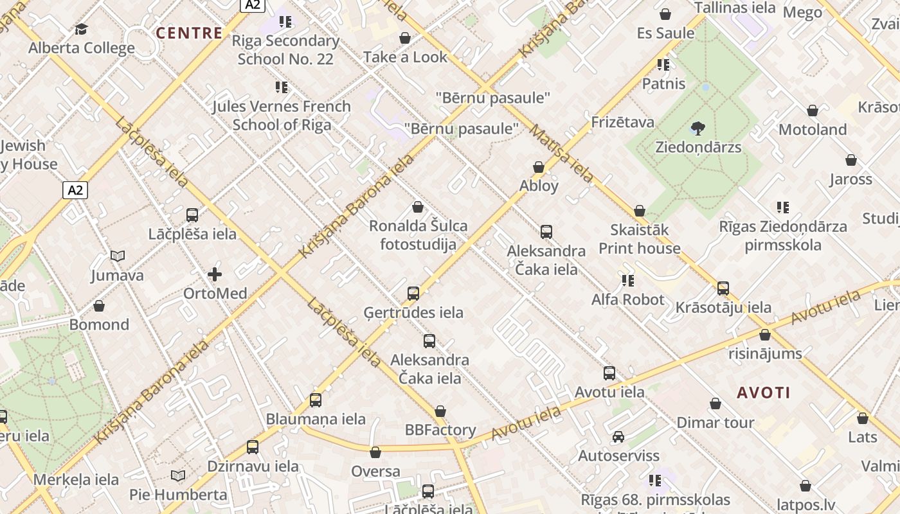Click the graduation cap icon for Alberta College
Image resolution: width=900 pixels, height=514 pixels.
coord(81,30)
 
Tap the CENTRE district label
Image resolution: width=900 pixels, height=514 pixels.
coord(190,33)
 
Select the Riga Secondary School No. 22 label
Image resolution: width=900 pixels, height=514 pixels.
coord(285,49)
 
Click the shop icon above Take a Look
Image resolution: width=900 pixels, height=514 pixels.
coord(405,39)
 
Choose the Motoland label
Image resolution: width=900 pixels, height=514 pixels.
coord(813,130)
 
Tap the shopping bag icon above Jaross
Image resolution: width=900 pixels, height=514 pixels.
coord(851,160)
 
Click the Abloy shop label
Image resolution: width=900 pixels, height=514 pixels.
coord(539,186)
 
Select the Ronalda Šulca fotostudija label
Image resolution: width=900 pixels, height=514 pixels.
coord(418,235)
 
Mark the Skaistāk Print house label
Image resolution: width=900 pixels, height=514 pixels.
coord(640,239)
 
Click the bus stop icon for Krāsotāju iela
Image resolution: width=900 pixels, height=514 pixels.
coord(723,288)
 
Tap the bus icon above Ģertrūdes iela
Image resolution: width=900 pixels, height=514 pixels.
coord(413,294)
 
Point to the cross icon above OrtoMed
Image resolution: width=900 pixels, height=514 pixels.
coord(215,275)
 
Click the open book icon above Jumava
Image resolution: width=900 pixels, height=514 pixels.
coord(117,256)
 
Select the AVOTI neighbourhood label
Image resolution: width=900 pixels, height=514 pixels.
coord(764,393)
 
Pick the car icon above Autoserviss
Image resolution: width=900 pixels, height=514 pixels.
coord(618,437)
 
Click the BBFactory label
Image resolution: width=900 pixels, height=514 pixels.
coord(440,430)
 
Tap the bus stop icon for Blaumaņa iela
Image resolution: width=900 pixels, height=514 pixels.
coord(316,400)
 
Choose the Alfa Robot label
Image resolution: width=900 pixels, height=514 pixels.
coord(628,299)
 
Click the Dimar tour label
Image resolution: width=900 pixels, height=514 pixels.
coord(715,423)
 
